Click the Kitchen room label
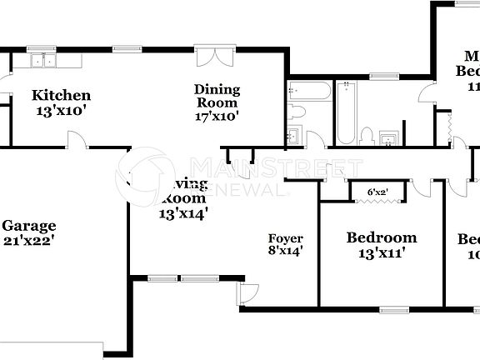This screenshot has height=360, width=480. click(x=61, y=95)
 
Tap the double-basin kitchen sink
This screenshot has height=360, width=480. click(x=41, y=60)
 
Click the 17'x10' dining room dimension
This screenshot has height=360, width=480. click(x=217, y=117)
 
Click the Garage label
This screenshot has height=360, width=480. click(x=28, y=226)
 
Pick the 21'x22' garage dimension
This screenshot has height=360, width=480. click(x=28, y=242)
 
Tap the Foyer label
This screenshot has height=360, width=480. click(x=285, y=239)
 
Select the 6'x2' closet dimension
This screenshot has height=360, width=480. click(x=377, y=192)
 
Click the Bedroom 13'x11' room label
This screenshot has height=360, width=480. click(x=381, y=237)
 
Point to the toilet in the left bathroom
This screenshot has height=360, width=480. click(x=297, y=112)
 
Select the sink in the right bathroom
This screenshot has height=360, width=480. click(x=387, y=137)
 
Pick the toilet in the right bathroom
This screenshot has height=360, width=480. click(x=367, y=134)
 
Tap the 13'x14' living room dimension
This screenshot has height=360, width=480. click(x=183, y=213)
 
